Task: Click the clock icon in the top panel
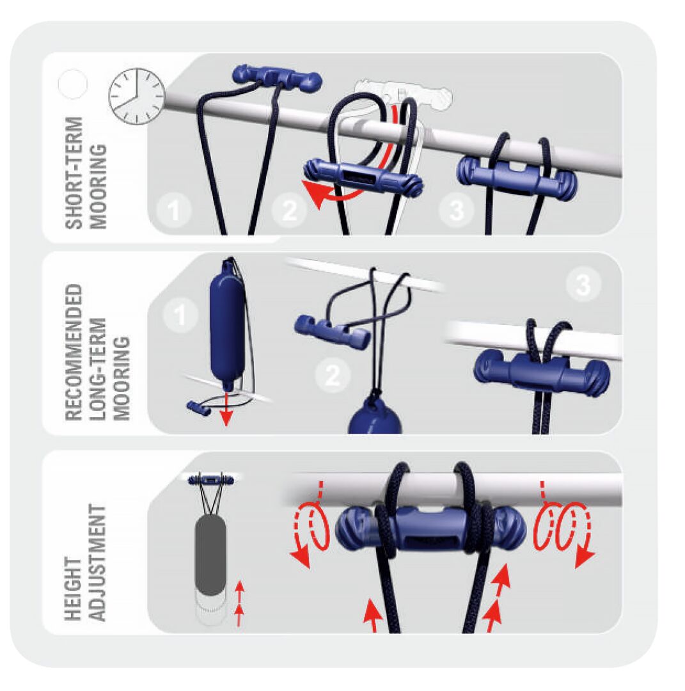click(136, 96)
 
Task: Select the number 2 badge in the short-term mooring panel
click(290, 210)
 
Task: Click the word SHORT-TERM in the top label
click(75, 172)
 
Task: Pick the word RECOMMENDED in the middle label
click(75, 352)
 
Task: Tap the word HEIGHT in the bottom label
click(75, 589)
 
